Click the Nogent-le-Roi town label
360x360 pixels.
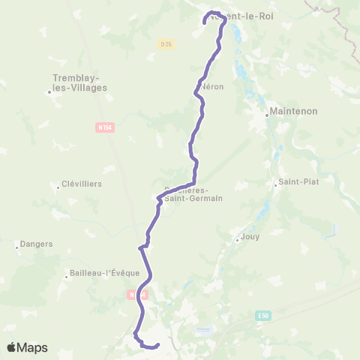[241, 16]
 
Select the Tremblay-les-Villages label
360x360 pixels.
[80, 82]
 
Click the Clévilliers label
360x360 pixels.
[82, 184]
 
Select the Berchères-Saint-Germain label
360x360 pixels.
[192, 193]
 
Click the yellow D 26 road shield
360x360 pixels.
[166, 44]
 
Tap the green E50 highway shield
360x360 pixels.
[262, 316]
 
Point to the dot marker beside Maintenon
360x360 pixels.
[268, 116]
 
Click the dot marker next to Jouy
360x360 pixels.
[237, 240]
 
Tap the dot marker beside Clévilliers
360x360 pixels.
[58, 187]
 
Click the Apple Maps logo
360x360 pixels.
[26, 348]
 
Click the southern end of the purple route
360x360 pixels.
[158, 345]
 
